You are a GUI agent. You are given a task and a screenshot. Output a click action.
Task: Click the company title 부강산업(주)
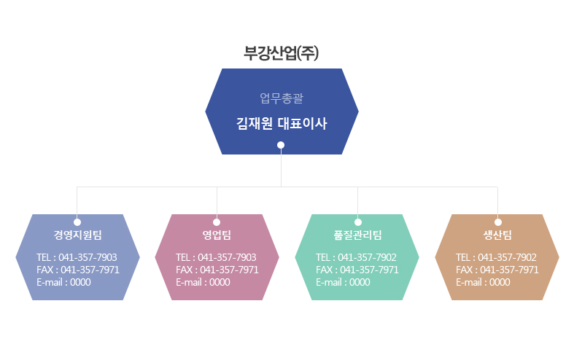pos(281,53)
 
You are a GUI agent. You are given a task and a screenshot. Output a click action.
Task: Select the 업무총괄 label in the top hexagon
pos(282,98)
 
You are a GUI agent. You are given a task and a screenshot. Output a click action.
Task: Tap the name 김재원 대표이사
pos(282,123)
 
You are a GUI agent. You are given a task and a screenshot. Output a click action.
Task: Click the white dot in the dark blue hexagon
pos(281,145)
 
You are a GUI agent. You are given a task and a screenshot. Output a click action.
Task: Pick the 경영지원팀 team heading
pos(77,235)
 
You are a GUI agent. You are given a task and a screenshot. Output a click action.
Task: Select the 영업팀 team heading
pos(217,235)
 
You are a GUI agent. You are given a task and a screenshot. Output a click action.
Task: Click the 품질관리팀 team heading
pos(357,235)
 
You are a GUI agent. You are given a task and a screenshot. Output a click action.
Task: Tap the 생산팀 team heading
pos(497,235)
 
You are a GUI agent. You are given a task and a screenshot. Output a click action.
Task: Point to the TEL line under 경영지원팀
pos(77,257)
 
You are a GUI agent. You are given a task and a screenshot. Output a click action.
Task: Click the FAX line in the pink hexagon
pos(217,270)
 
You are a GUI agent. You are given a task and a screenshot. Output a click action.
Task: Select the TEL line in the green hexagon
pos(356,257)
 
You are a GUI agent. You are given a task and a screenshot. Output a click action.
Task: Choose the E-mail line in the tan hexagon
pos(484,283)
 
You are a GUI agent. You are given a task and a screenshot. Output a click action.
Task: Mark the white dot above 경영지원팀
pos(77,222)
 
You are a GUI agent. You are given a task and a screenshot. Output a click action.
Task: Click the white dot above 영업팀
pos(217,222)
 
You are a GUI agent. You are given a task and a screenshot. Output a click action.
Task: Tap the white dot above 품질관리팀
pos(358,222)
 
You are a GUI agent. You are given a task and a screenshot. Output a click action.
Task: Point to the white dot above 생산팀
pos(498,222)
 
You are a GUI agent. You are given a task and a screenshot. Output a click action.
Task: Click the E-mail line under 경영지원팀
pos(63,283)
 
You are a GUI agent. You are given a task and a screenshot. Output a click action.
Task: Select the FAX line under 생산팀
pos(497,270)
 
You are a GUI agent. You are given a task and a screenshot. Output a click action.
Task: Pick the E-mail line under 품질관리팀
pos(343,283)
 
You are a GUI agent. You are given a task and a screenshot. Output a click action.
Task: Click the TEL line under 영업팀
pos(216,257)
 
